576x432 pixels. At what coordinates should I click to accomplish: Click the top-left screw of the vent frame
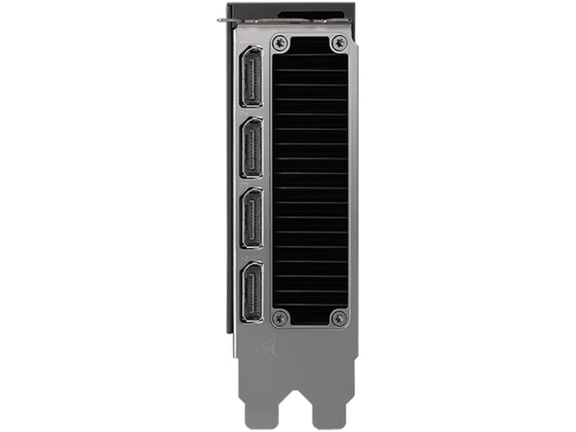[282, 43]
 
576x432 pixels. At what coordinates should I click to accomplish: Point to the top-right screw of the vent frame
[338, 43]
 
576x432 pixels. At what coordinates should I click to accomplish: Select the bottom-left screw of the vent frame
[282, 317]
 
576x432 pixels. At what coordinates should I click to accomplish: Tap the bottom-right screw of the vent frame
[338, 317]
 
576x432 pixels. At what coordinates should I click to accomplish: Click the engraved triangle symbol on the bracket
[265, 349]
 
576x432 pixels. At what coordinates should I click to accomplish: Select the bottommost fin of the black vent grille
[310, 308]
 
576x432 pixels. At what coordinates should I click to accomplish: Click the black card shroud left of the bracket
[231, 180]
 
